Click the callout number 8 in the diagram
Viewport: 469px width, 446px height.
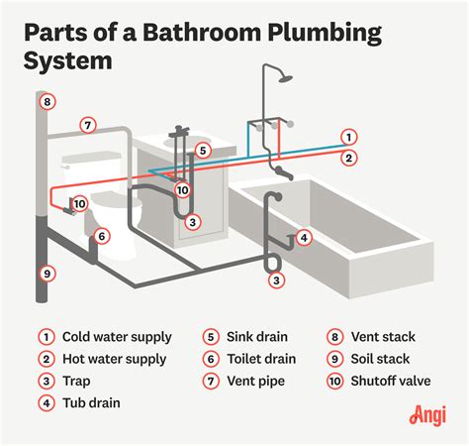tap(46, 101)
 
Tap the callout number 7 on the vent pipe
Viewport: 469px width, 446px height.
tap(88, 126)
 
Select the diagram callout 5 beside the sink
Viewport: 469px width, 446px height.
tap(202, 151)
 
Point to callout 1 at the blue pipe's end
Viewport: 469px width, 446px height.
tap(349, 137)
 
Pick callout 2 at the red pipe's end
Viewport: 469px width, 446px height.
tap(349, 157)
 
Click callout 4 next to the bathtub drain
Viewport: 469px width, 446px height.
tap(305, 237)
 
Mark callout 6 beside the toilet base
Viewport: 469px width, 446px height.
tap(101, 236)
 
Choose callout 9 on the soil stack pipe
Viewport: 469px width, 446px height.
tap(46, 273)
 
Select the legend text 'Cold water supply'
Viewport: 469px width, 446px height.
tap(115, 336)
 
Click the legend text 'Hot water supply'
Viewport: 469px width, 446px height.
tap(114, 359)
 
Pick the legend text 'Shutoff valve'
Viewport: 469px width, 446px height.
tap(393, 381)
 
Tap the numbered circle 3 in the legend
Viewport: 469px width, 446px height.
tap(46, 381)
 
